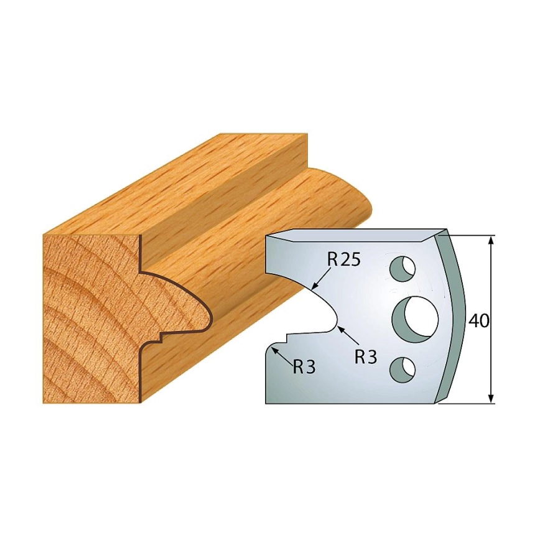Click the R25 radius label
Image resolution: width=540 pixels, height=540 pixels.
tap(343, 259)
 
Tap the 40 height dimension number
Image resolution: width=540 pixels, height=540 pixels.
tap(478, 321)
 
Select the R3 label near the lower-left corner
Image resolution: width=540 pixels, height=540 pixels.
tap(304, 368)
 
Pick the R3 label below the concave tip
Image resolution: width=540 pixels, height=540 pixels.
tap(366, 358)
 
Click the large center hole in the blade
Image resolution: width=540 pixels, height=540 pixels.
tap(416, 315)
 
